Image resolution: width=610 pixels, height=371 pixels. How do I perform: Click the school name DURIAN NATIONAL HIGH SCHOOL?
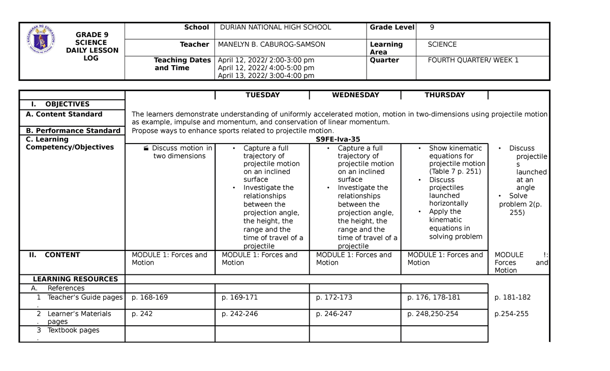pyautogui.click(x=274, y=27)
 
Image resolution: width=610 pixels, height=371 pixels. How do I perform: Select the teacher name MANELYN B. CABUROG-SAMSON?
pyautogui.click(x=271, y=45)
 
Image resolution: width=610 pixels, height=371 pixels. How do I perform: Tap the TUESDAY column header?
pyautogui.click(x=262, y=95)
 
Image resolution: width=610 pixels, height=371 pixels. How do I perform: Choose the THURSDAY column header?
pyautogui.click(x=445, y=95)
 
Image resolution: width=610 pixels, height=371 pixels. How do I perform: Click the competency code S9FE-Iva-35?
pyautogui.click(x=338, y=139)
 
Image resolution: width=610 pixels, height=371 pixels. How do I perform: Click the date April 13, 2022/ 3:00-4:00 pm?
pyautogui.click(x=266, y=76)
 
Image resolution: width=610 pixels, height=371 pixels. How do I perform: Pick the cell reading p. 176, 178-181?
pyautogui.click(x=433, y=297)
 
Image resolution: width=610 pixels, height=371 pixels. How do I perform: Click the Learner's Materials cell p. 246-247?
pyautogui.click(x=334, y=314)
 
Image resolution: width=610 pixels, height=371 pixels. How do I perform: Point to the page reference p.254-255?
pyautogui.click(x=511, y=314)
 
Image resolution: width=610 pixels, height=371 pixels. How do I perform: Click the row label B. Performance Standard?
pyautogui.click(x=73, y=131)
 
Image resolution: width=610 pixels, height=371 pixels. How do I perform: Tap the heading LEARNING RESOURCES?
pyautogui.click(x=75, y=279)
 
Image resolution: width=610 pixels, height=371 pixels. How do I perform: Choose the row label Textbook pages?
pyautogui.click(x=73, y=330)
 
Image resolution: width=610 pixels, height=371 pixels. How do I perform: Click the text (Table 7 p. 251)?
pyautogui.click(x=455, y=172)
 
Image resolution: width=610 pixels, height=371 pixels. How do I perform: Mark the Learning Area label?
pyautogui.click(x=386, y=48)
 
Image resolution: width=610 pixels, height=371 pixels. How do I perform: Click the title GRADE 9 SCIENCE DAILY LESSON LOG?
pyautogui.click(x=92, y=46)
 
